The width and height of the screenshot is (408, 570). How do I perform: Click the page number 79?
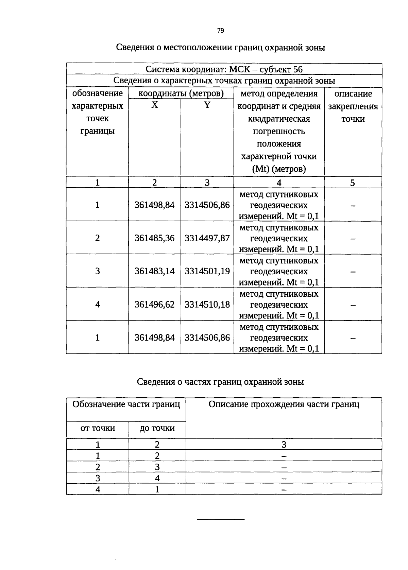pos(220,31)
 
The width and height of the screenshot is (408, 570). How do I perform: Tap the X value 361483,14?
pos(154,271)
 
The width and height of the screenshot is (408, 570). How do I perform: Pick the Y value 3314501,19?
pos(207,271)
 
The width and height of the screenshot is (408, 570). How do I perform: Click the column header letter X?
pos(154,105)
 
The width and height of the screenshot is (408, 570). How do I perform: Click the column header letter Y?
pos(207,105)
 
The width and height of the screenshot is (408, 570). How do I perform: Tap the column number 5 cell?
pos(353,183)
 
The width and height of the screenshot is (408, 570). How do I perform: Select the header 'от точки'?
pos(98,428)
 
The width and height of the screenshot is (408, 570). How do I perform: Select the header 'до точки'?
pos(157,428)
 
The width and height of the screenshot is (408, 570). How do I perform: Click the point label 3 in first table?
pos(98,271)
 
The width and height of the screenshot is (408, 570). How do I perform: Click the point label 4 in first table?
pos(98,304)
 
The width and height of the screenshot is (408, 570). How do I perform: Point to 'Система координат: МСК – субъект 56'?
pos(224,69)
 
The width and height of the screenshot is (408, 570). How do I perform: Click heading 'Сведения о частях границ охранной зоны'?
pos(220,382)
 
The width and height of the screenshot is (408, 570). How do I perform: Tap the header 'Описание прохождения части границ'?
pos(284,404)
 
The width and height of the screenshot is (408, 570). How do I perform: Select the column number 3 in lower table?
pos(284,445)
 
